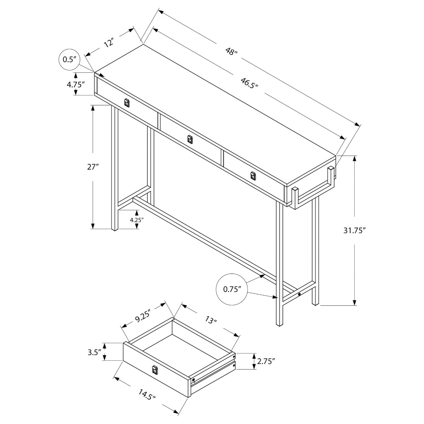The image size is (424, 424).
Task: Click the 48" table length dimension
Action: (x=231, y=52)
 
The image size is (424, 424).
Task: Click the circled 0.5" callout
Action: (x=70, y=59)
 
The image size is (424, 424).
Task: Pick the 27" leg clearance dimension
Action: (x=93, y=167)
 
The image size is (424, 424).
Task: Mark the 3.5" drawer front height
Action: (x=95, y=352)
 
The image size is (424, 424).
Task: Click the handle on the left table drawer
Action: (x=127, y=103)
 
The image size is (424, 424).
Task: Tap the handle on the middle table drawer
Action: (x=190, y=139)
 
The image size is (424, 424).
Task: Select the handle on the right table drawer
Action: (x=252, y=176)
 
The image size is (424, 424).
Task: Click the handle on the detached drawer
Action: (x=154, y=370)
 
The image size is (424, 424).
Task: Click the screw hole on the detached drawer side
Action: (x=194, y=380)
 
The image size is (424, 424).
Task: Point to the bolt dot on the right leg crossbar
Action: (x=300, y=294)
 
